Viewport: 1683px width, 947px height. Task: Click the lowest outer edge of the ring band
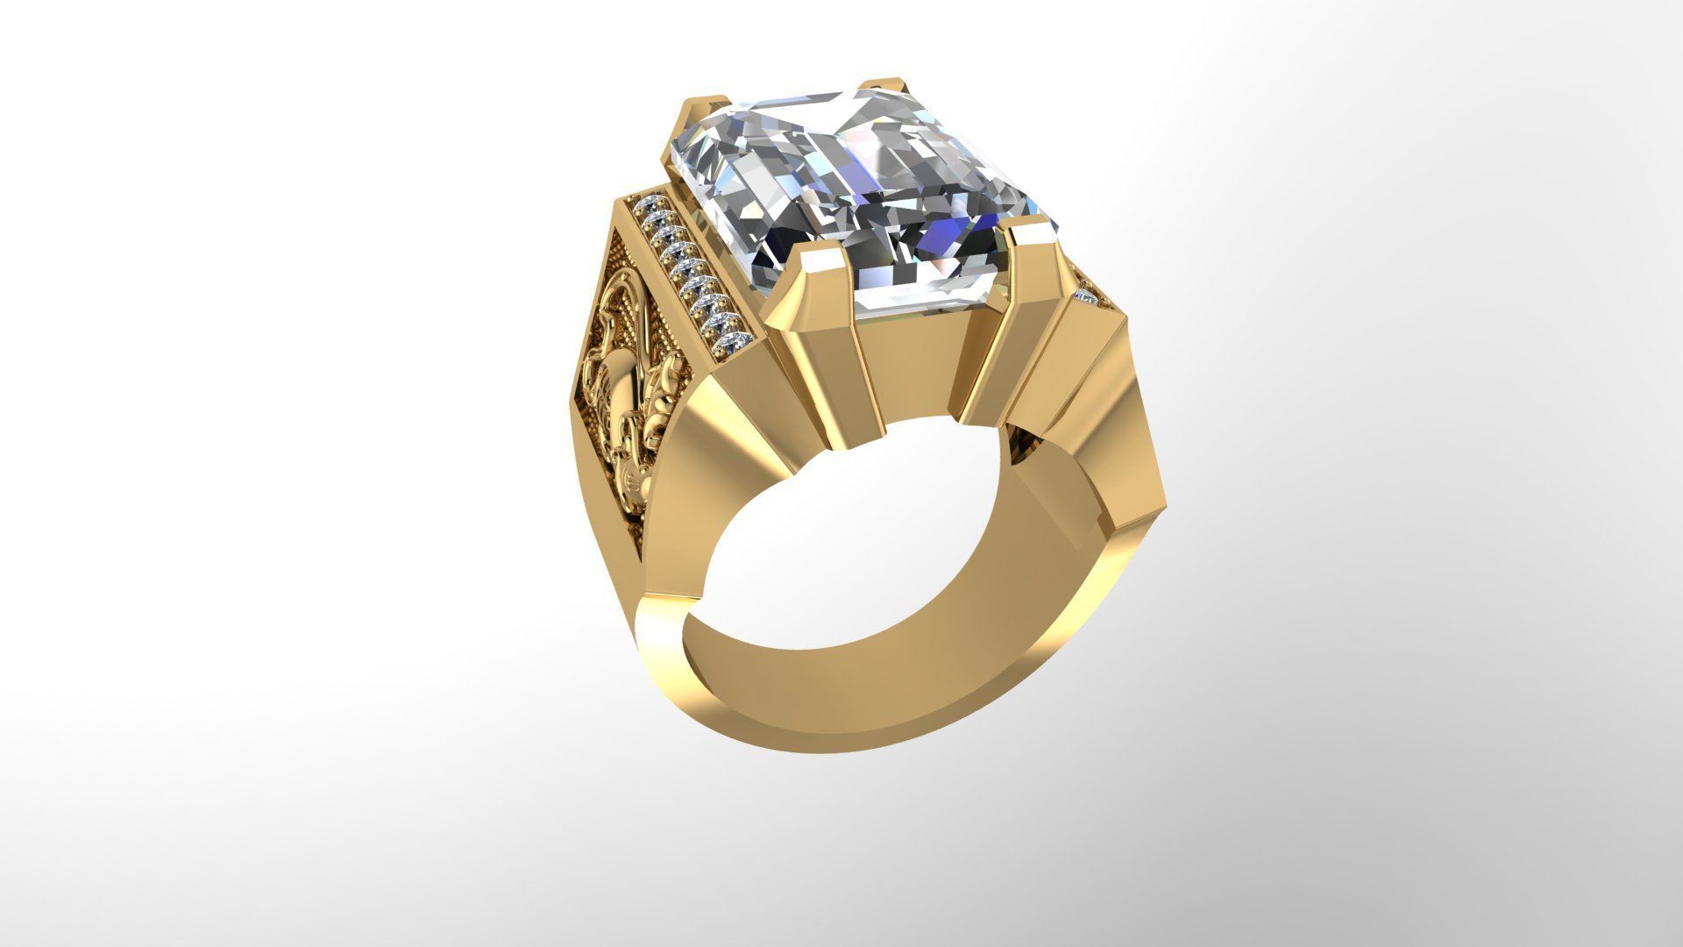pos(789,824)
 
